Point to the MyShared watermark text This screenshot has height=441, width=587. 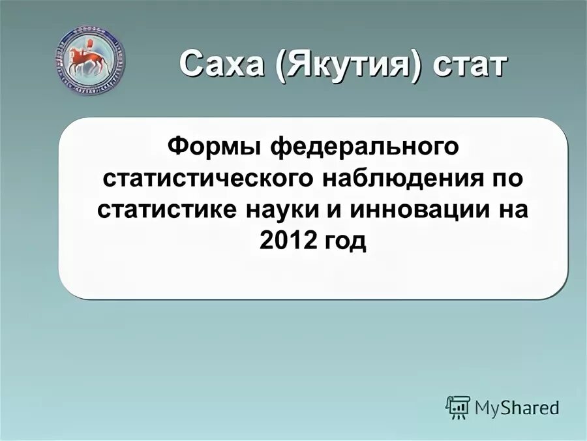(x=517, y=408)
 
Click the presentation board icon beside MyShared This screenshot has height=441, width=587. (x=458, y=407)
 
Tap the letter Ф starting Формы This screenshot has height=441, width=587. (x=177, y=145)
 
